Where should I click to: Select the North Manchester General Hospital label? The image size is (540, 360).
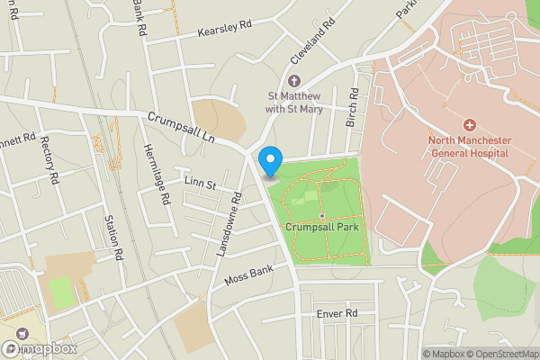[x=469, y=147]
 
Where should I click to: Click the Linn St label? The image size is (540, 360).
[x=200, y=184]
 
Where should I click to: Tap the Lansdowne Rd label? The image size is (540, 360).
[x=229, y=225]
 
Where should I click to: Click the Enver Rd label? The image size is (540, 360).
[x=337, y=312]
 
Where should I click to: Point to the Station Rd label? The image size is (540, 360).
[x=115, y=237]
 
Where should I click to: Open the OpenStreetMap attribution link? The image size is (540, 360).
[x=502, y=354]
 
